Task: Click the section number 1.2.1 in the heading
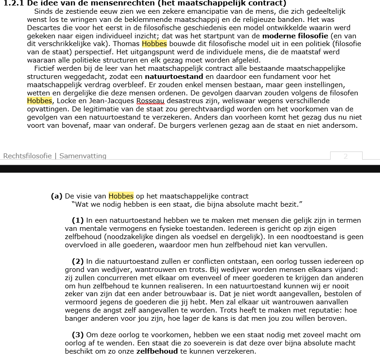coord(14,3)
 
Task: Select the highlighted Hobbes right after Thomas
coord(155,44)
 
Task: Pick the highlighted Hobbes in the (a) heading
coord(121,196)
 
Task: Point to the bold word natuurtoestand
coord(174,77)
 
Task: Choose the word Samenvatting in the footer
coord(83,156)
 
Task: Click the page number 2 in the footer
coord(346,156)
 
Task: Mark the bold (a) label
coord(57,196)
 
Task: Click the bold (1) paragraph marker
coord(78,220)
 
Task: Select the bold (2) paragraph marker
coord(78,261)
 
